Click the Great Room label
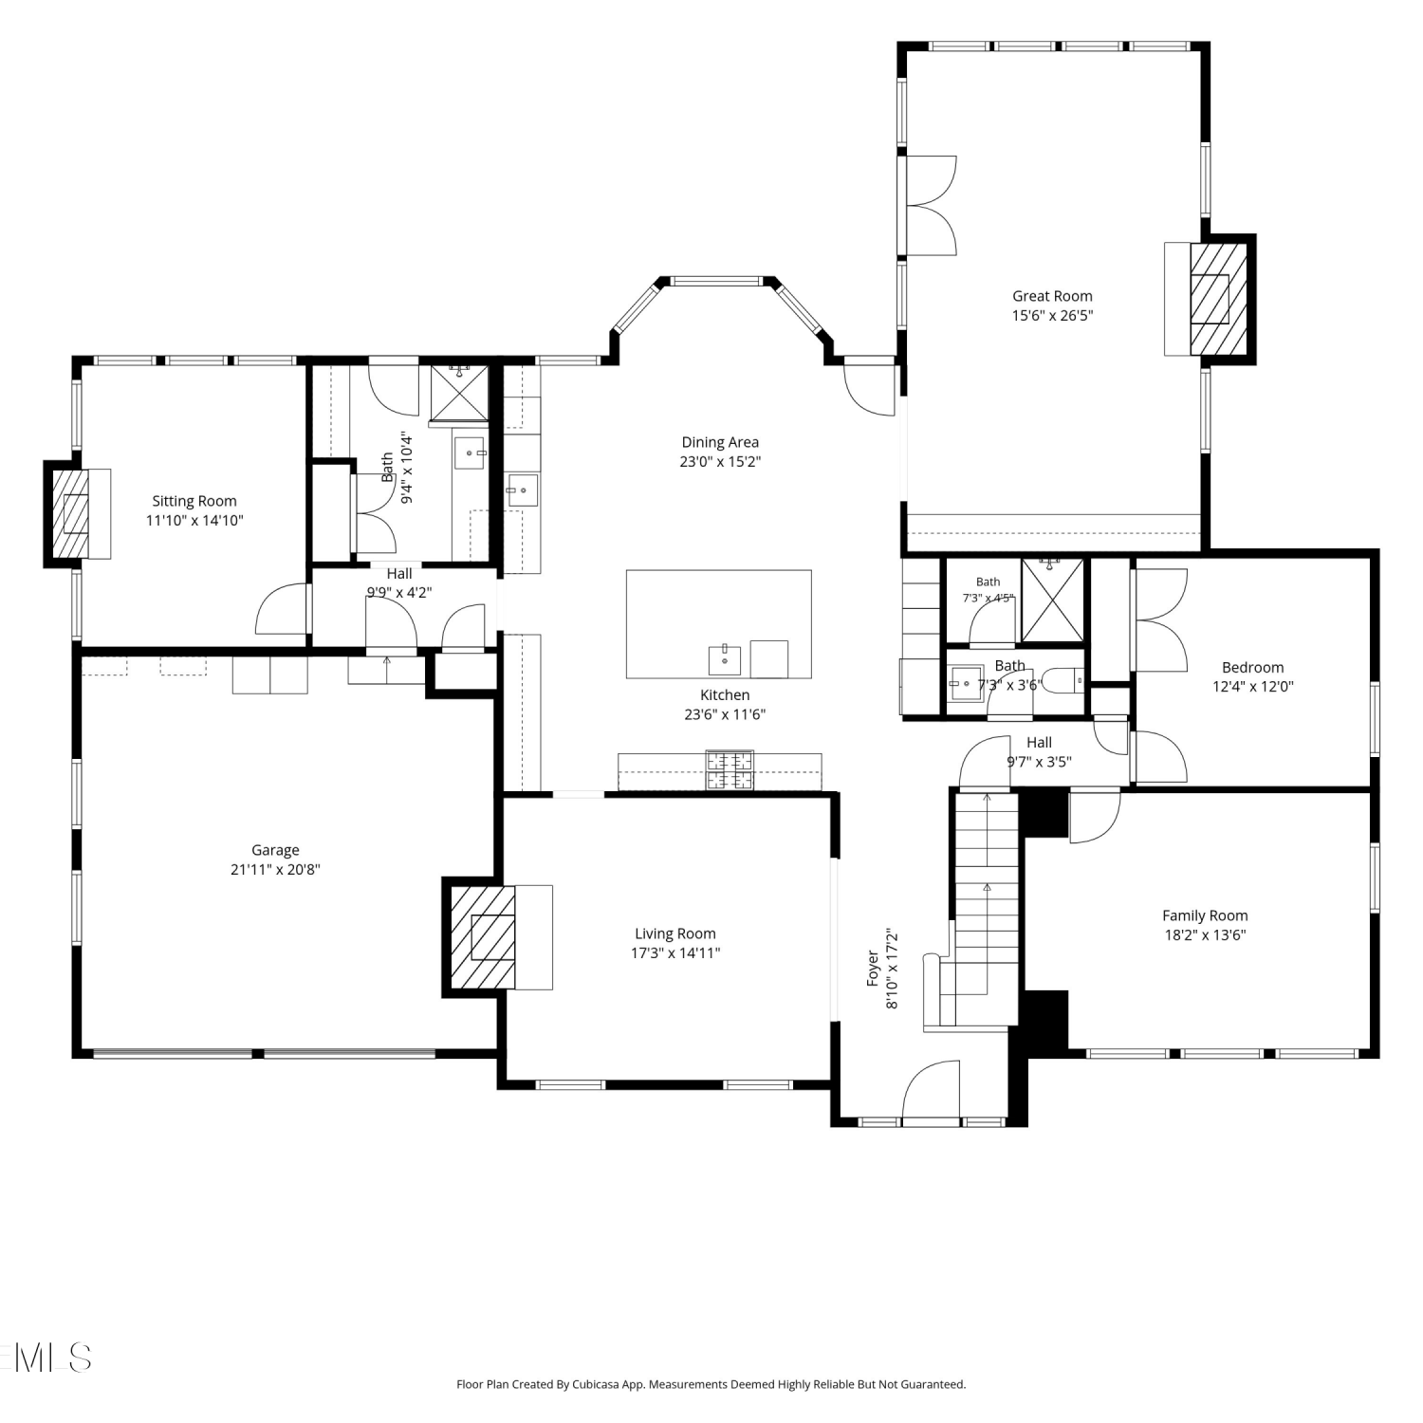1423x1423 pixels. (x=1052, y=296)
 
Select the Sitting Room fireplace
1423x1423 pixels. (x=70, y=513)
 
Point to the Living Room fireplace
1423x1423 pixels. (x=483, y=936)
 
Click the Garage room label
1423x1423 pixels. (x=275, y=850)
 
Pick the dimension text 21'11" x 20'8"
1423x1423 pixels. (x=275, y=869)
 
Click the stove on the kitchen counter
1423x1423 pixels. (x=730, y=769)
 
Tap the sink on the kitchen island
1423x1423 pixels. (x=725, y=658)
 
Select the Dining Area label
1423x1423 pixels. (x=720, y=442)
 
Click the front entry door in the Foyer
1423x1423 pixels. (x=931, y=1091)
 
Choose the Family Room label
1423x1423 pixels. (x=1205, y=915)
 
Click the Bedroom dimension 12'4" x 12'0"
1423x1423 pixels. (x=1253, y=687)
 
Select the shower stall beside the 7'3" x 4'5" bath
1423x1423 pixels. (x=1052, y=601)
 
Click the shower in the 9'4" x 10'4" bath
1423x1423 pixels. (x=459, y=392)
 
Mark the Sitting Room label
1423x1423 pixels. (x=194, y=501)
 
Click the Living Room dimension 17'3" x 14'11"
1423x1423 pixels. (x=675, y=953)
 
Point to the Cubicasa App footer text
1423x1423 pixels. (x=711, y=1384)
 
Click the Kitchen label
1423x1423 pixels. (x=725, y=695)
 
